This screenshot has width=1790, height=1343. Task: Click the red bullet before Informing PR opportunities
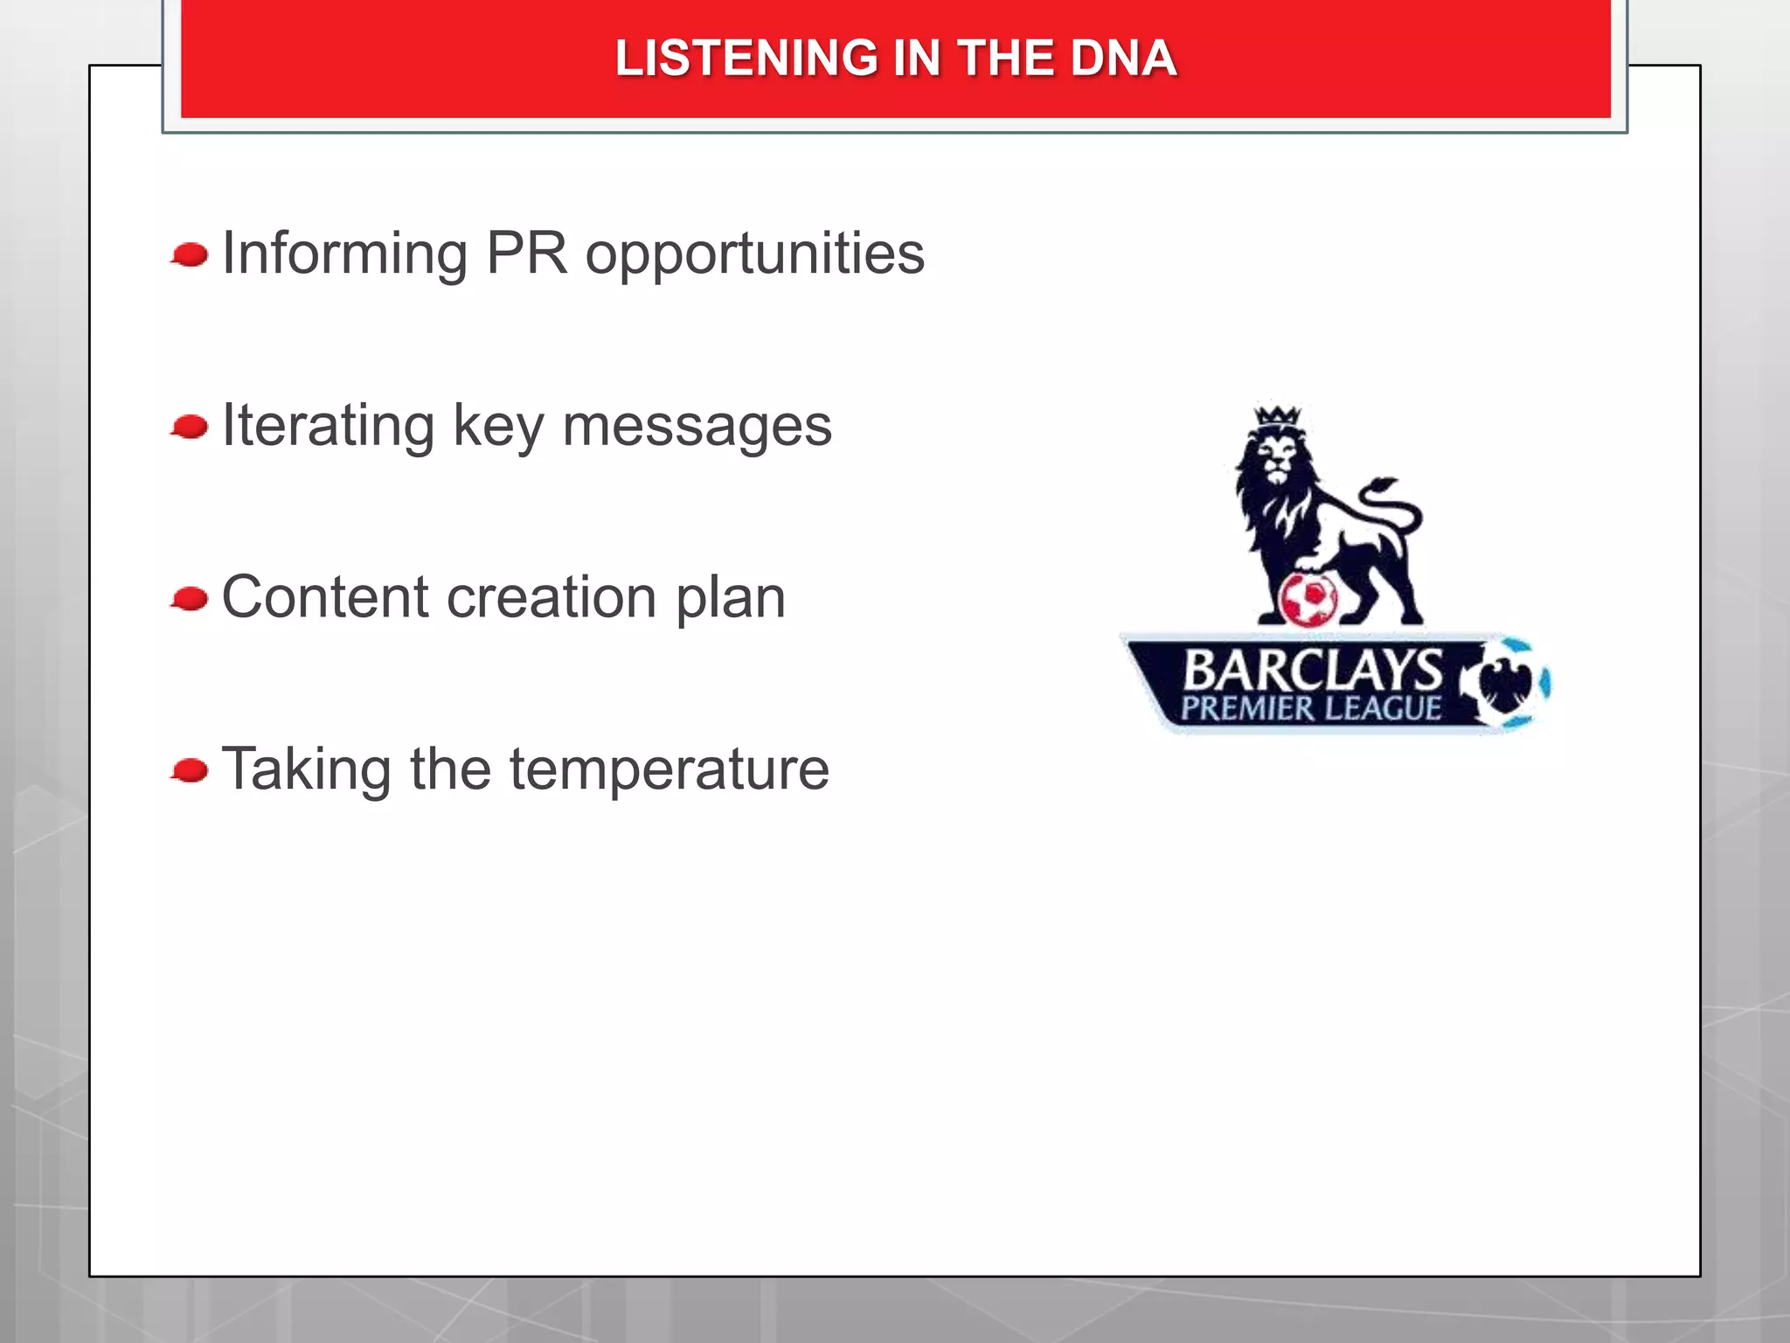190,255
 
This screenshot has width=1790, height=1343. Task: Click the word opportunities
754,254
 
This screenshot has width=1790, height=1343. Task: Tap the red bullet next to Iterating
190,428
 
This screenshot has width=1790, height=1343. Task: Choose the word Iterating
328,427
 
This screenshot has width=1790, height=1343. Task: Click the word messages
697,427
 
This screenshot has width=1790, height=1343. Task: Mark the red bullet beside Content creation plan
190,600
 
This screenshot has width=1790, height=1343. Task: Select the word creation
552,598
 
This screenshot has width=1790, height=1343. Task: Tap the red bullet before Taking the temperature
190,771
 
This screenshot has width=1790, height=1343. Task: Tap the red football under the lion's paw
1308,599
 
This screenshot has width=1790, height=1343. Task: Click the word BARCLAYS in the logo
1312,669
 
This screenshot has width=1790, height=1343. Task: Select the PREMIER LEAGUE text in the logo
1310,708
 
